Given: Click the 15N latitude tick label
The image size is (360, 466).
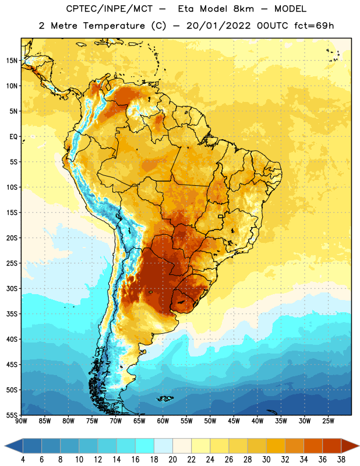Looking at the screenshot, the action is (12, 61).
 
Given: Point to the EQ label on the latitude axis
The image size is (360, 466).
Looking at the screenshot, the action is (13, 137).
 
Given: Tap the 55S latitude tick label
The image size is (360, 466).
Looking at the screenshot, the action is (12, 415).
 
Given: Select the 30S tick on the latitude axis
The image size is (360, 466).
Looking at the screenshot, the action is (12, 288).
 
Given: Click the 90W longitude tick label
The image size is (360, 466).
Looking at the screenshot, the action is (21, 421).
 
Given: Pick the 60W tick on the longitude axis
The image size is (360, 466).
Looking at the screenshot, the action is (163, 421).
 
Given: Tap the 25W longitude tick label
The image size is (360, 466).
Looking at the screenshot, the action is (328, 421).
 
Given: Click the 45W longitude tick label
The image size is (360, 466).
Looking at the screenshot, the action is (234, 421).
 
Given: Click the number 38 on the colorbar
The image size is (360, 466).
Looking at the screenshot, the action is (341, 460).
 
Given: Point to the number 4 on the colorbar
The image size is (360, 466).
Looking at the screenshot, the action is (23, 460).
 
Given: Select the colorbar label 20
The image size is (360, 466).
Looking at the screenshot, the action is (172, 460).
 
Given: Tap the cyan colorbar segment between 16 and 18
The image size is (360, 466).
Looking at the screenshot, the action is (145, 446).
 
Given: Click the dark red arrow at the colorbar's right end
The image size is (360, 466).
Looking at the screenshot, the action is (350, 446).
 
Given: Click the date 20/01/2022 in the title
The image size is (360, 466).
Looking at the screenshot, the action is (218, 26).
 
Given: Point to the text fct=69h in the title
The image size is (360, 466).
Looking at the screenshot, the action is (314, 26).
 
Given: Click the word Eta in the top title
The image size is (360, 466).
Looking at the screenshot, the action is (186, 9).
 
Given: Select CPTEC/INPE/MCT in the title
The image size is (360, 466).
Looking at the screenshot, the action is (109, 9).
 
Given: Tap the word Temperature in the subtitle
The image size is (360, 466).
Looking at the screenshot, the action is (114, 26).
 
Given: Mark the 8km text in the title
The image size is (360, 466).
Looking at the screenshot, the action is (243, 9).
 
